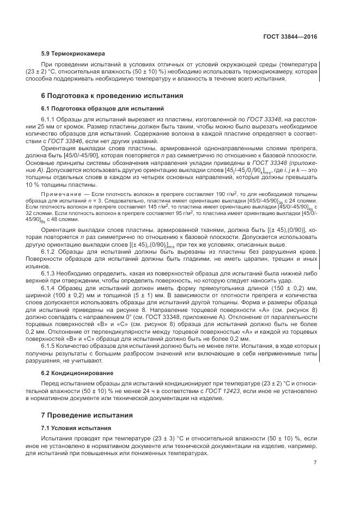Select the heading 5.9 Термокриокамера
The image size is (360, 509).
[73, 53]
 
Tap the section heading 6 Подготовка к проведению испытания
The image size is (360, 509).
[112, 95]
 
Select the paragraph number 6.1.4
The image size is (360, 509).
[50, 287]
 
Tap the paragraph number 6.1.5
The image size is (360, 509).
[50, 345]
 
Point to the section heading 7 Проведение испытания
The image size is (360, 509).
[87, 415]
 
